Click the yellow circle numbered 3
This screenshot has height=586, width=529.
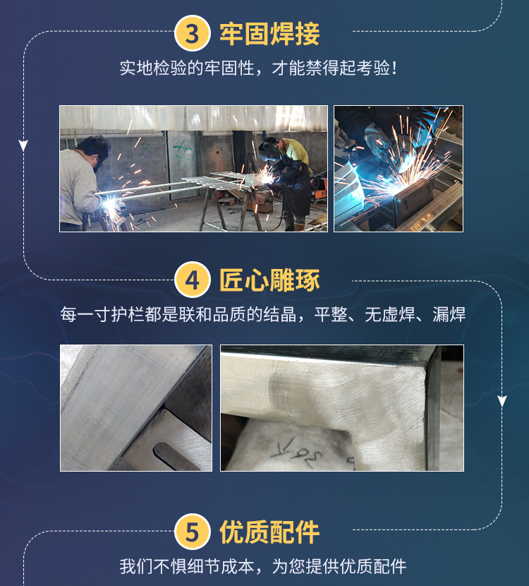193,33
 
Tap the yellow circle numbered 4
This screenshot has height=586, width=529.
193,280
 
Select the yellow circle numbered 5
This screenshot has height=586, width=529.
193,532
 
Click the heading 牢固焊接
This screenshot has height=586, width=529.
269,34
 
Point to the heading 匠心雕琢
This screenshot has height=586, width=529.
269,280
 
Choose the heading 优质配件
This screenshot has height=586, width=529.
269,532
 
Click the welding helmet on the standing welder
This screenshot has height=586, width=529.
270,150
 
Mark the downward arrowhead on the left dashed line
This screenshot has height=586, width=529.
23,145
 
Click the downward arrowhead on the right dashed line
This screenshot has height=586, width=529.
502,401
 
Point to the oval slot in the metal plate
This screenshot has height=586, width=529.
176,456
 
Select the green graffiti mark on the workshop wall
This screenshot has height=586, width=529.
182,153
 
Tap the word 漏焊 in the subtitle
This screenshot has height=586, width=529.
449,314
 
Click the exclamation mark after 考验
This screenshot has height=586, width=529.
394,68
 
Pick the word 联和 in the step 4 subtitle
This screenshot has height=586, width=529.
195,314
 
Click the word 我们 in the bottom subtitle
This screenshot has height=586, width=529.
136,566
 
